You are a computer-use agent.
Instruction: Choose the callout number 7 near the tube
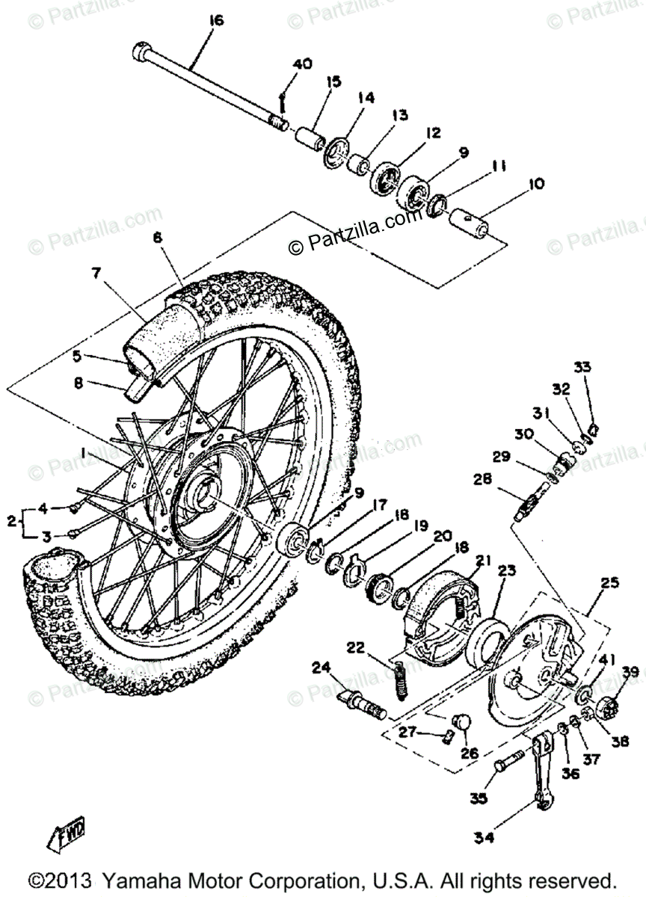(96, 273)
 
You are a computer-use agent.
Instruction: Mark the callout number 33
(582, 367)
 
